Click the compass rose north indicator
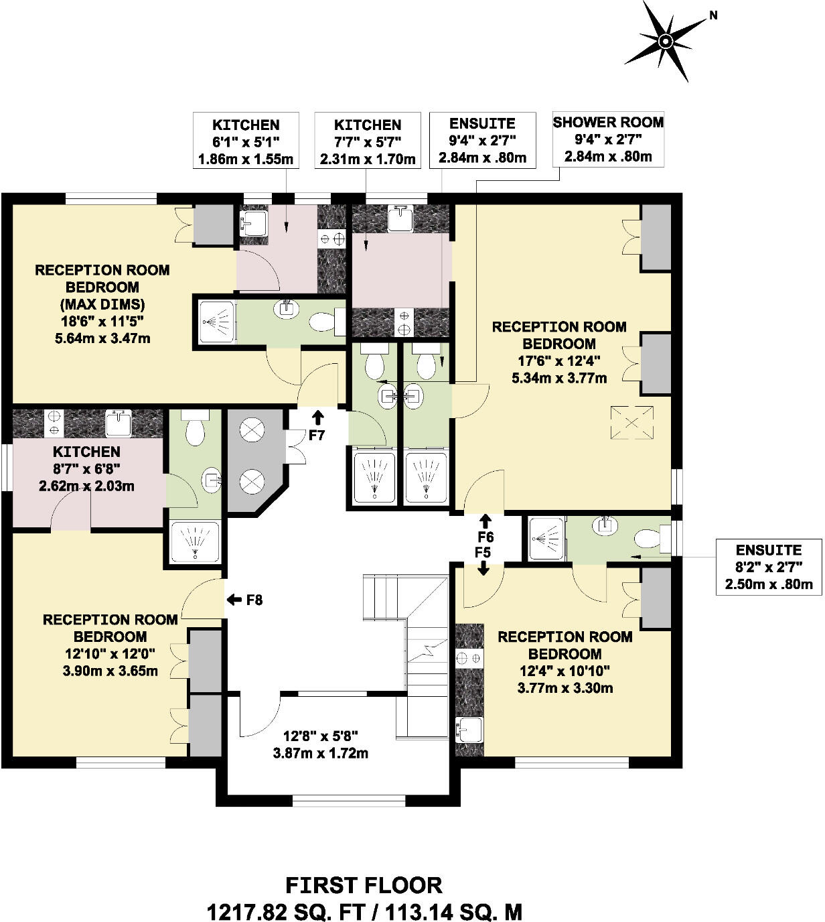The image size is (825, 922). [x=666, y=41]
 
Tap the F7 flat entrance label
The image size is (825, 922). [x=316, y=435]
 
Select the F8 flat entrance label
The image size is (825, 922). [x=254, y=600]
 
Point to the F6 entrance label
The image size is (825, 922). [x=485, y=537]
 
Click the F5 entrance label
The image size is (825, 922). [x=482, y=553]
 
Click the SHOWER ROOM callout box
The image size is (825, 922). [x=607, y=139]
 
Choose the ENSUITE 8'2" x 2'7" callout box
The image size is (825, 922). [x=768, y=567]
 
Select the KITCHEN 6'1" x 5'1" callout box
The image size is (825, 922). [x=246, y=141]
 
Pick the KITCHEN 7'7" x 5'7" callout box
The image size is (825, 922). [x=368, y=141]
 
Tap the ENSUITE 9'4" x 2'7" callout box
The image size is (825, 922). [x=482, y=140]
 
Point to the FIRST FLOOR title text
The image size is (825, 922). [x=364, y=885]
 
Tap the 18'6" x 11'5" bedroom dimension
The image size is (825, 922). [x=102, y=321]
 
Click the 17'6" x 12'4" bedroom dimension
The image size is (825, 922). [x=559, y=360]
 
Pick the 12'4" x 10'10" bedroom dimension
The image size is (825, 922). [x=565, y=671]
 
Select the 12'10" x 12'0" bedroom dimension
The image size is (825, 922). [x=110, y=653]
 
